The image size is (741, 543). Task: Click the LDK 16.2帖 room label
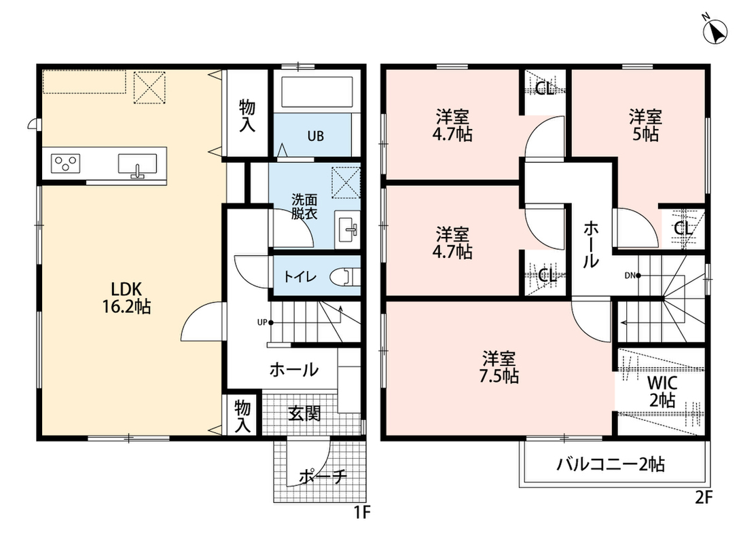click(126, 297)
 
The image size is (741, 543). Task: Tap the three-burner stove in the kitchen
click(65, 164)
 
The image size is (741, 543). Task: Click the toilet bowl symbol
click(344, 277)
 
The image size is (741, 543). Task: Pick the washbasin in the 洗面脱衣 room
click(347, 229)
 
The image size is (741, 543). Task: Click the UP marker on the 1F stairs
click(262, 323)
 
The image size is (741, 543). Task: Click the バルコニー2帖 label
click(611, 464)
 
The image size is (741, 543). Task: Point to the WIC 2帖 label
click(662, 391)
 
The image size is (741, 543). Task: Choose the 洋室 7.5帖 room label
click(499, 367)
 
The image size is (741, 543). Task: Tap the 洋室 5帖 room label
click(645, 125)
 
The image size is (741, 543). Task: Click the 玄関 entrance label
click(304, 413)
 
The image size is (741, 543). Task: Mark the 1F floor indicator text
click(362, 512)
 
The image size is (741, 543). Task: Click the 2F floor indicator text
click(704, 498)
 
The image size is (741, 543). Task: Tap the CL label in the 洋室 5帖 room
click(683, 229)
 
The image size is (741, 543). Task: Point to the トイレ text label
click(300, 276)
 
